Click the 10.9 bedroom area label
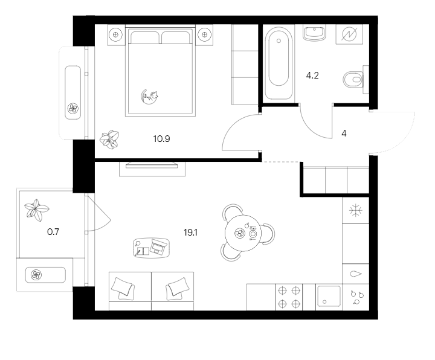[x=161, y=138]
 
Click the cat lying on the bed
[x=150, y=95]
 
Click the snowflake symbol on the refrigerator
[x=356, y=211]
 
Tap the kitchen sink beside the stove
[x=329, y=297]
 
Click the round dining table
[x=244, y=233]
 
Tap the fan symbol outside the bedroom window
[x=72, y=109]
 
